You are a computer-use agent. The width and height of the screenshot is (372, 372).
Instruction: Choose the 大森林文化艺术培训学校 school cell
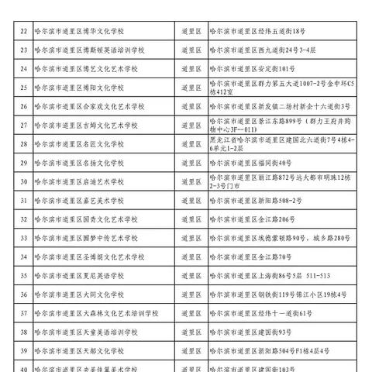tap(96, 312)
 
